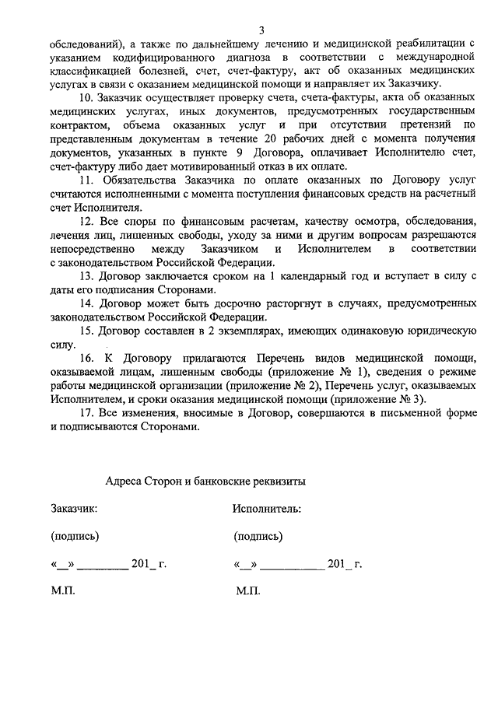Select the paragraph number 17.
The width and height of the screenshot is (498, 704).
[x=86, y=413]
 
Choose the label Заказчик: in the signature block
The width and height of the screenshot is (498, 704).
[x=75, y=509]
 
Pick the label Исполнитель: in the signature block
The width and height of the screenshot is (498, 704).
[x=267, y=509]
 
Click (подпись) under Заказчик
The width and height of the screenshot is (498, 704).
[x=75, y=536]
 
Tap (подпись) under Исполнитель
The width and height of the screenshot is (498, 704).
[x=258, y=536]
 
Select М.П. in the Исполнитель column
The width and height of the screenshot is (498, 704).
[x=248, y=592]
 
